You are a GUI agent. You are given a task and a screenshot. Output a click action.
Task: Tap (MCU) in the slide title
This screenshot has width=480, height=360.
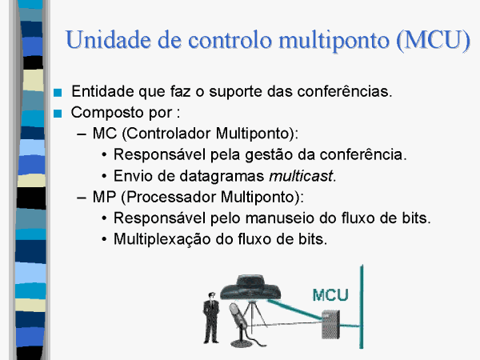tap(433, 41)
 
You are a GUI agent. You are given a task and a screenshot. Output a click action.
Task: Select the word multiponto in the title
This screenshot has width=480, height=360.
tap(334, 42)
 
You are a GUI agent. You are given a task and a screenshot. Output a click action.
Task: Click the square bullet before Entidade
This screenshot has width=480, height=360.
tap(58, 93)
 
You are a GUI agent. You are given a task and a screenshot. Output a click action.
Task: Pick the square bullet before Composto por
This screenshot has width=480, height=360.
tap(58, 114)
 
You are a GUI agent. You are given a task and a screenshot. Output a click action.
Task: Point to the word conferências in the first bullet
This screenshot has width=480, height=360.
tap(345, 91)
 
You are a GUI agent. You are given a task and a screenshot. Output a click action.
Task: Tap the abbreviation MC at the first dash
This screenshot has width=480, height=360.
tap(105, 134)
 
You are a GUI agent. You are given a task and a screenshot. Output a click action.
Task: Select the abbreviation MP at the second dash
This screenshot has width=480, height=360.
tap(104, 197)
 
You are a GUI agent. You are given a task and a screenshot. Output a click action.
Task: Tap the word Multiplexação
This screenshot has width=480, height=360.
tap(162, 239)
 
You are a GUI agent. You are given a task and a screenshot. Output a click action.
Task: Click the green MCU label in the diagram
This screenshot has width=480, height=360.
tap(330, 295)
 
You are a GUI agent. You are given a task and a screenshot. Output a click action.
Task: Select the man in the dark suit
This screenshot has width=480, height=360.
tap(211, 318)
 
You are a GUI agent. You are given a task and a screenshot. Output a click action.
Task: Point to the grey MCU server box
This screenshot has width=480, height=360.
tap(330, 324)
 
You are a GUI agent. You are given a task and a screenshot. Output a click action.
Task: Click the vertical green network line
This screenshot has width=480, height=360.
tap(362, 306)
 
